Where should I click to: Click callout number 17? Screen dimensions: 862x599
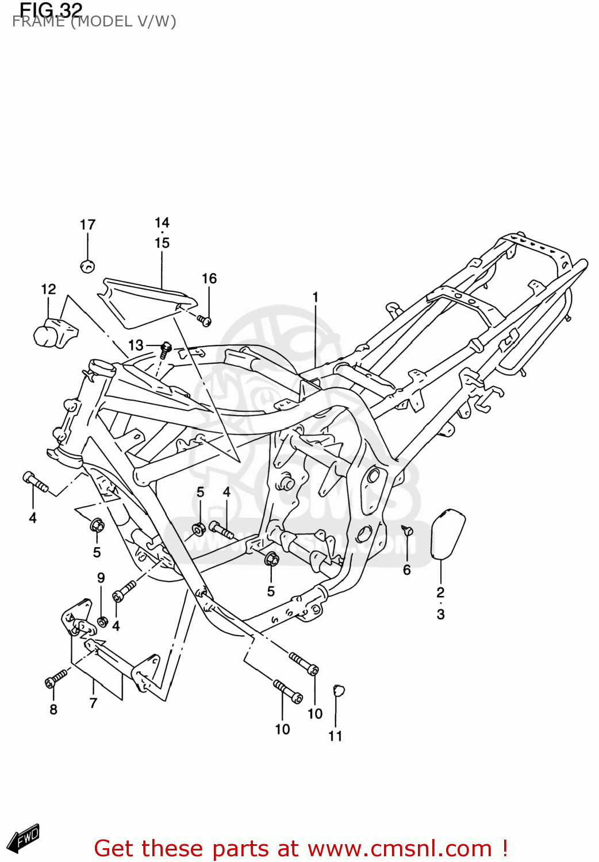pos(87,225)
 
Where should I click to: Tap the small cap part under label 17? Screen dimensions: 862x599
pos(87,266)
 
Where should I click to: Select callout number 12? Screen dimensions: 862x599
pos(49,289)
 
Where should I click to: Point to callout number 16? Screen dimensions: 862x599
pos(209,279)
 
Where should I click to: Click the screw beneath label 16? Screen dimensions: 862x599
pos(205,320)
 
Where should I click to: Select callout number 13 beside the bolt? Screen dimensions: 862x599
pos(136,345)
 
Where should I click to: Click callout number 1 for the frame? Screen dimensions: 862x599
pos(315,297)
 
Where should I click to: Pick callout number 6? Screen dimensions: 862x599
pos(406,569)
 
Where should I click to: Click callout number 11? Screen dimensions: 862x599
pos(335,736)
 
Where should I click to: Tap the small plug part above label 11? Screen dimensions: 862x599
pos(339,690)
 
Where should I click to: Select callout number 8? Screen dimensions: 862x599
pos(53,710)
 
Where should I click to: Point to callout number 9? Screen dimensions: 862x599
pos(101,578)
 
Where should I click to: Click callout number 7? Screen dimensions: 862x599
pos(94,702)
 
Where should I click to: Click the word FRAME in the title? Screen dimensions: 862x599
pos(38,22)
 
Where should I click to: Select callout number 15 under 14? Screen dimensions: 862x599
pos(162,243)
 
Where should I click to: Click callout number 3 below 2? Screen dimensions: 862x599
pos(440,614)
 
